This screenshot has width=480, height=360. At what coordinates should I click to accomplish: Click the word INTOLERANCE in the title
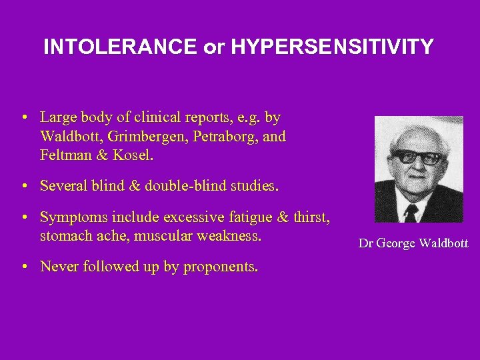point(120,47)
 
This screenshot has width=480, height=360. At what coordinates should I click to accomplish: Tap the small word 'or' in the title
point(211,48)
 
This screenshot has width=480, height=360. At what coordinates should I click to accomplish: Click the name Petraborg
point(225,137)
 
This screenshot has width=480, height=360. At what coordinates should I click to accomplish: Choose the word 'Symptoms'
point(69,217)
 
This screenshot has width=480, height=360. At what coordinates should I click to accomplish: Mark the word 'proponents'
point(220,267)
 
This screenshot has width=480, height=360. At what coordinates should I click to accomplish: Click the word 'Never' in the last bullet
point(58,267)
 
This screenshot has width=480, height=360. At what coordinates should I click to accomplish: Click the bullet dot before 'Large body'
point(24,118)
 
